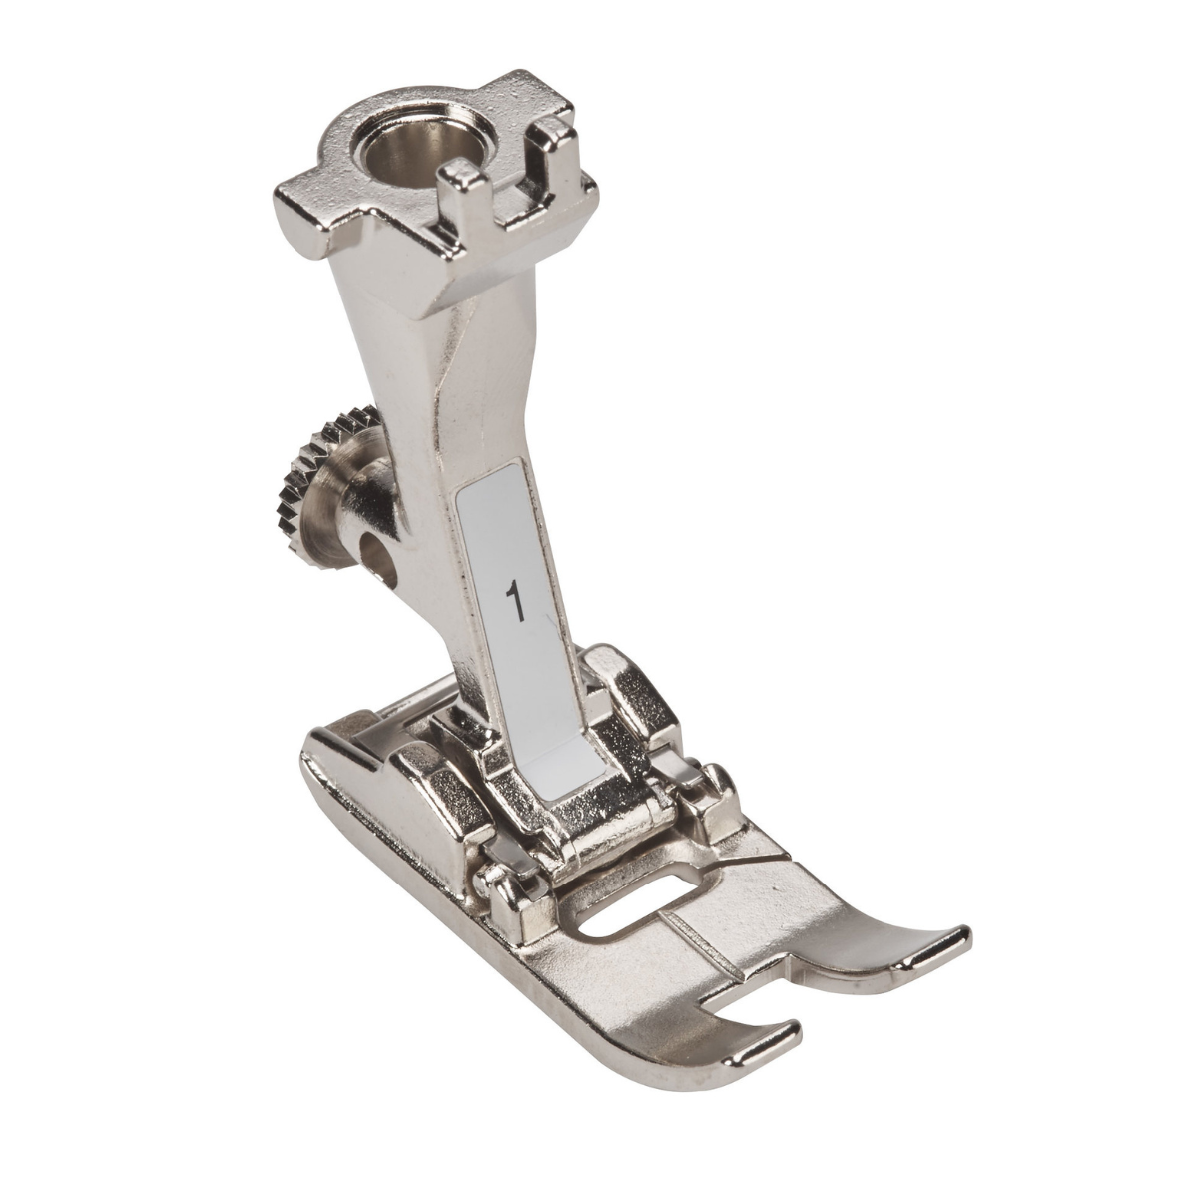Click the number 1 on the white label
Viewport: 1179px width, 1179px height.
coord(515,599)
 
